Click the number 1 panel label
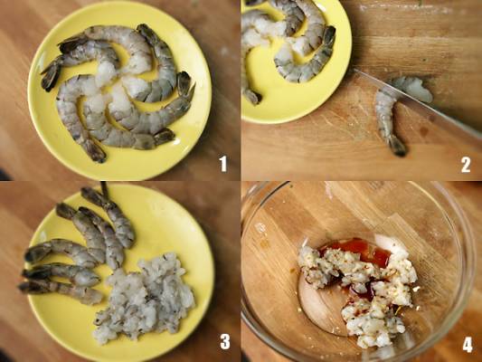pyautogui.click(x=223, y=164)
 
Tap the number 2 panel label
pyautogui.click(x=466, y=165)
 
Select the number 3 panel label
pyautogui.click(x=225, y=341)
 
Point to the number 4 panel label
pyautogui.click(x=468, y=345)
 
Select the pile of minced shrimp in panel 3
pyautogui.click(x=145, y=299)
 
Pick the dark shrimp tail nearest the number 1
pyautogui.click(x=164, y=136)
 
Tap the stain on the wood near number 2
pyautogui.click(x=425, y=130)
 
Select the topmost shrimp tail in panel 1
pyautogui.click(x=146, y=33)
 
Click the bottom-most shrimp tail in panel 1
pyautogui.click(x=96, y=151)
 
